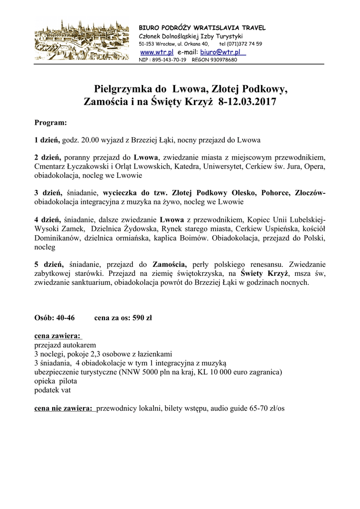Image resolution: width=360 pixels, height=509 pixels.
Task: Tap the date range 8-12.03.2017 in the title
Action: (x=247, y=102)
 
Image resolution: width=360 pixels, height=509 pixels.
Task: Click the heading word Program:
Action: (x=50, y=122)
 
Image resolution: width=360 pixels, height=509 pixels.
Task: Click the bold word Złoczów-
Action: (x=310, y=193)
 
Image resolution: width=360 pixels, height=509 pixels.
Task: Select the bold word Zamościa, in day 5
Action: (x=170, y=264)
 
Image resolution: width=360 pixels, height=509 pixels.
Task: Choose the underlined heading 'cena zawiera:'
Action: (x=58, y=336)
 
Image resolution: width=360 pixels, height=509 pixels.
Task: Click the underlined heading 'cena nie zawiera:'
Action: (x=64, y=409)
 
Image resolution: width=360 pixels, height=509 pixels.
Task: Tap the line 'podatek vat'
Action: (x=52, y=390)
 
